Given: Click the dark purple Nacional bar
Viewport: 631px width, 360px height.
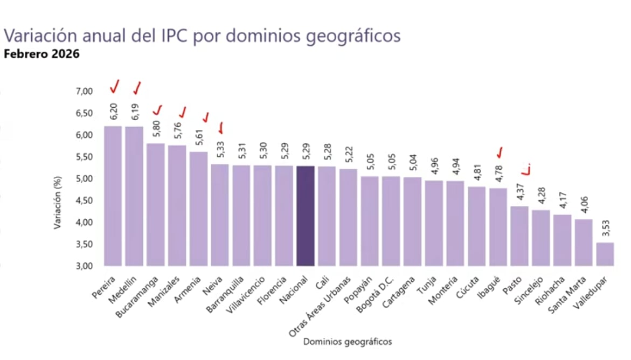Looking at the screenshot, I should [x=304, y=216].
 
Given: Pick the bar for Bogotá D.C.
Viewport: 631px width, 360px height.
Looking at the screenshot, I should [x=391, y=221].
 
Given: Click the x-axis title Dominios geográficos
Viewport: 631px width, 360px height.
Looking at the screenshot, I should [x=348, y=342].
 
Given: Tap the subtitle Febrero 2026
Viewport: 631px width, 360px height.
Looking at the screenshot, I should [x=41, y=54].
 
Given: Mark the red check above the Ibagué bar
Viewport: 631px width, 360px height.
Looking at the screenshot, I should [x=499, y=152].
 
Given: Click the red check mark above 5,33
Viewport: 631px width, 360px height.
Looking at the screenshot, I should [x=221, y=128].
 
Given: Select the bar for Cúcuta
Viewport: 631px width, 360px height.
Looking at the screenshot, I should [x=476, y=226].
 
